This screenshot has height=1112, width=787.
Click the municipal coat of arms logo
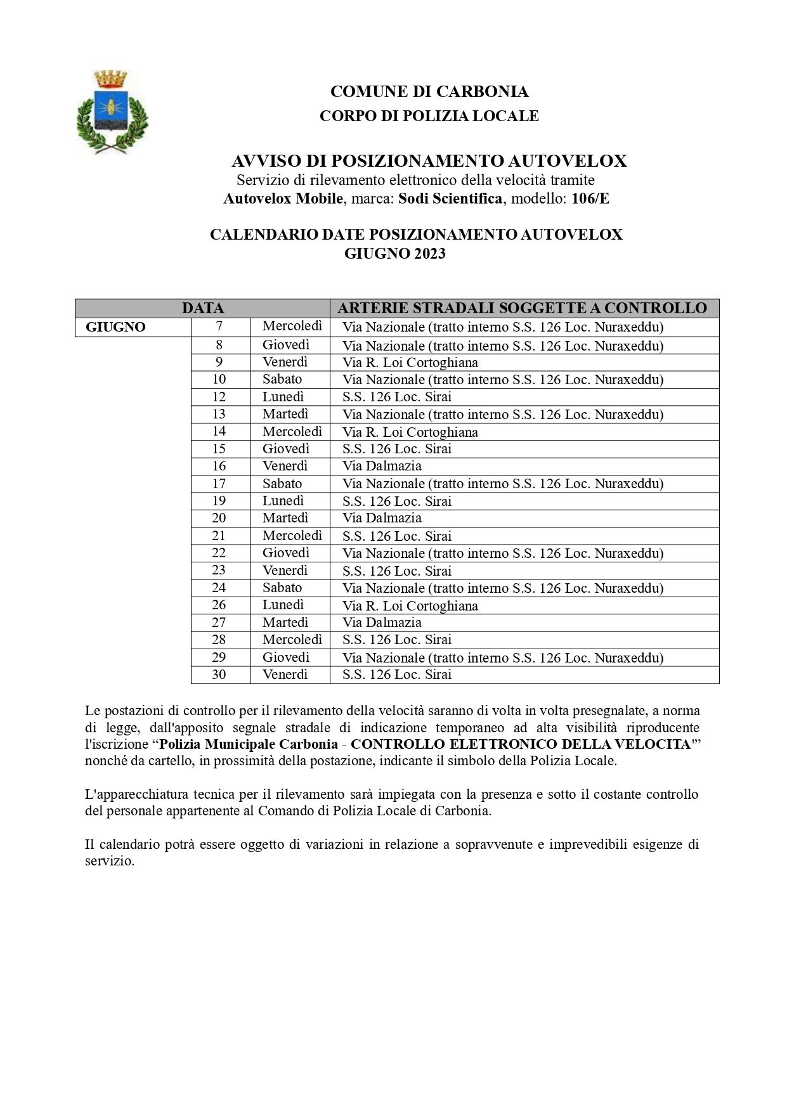tap(112, 111)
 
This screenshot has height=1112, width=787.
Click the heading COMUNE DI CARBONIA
tap(429, 92)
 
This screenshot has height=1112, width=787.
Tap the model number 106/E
tap(590, 198)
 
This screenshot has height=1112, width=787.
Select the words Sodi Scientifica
tap(450, 198)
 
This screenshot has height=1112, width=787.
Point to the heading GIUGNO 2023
tap(394, 254)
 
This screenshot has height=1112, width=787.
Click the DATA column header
tap(202, 308)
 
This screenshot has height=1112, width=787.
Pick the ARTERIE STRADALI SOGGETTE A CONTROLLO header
tap(522, 308)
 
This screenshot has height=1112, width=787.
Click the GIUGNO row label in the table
tap(115, 327)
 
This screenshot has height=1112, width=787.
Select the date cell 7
tap(219, 326)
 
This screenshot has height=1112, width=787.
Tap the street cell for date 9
tap(410, 363)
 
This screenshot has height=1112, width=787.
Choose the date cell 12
tap(219, 397)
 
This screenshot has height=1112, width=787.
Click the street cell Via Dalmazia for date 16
tap(382, 466)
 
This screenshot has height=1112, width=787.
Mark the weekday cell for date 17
tap(282, 483)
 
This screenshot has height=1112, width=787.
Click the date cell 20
tap(219, 518)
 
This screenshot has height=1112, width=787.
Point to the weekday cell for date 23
tap(285, 570)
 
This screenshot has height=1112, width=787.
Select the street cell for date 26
tap(410, 605)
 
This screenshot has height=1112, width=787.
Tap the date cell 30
tap(219, 675)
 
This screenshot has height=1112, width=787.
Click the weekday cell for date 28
tap(292, 640)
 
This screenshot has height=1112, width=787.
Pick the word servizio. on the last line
tap(110, 862)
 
